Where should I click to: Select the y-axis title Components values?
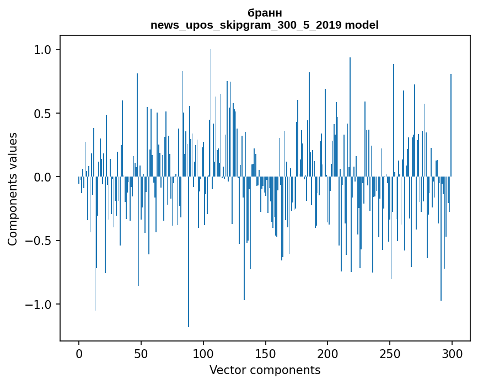(x=13, y=189)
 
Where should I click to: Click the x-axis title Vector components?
(x=265, y=370)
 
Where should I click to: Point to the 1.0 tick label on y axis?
(x=43, y=50)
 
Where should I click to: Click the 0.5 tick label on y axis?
(x=43, y=114)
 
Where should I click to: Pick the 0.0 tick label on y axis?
(x=43, y=177)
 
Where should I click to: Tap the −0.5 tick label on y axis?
(x=39, y=241)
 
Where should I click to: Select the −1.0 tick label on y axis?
(x=39, y=305)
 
